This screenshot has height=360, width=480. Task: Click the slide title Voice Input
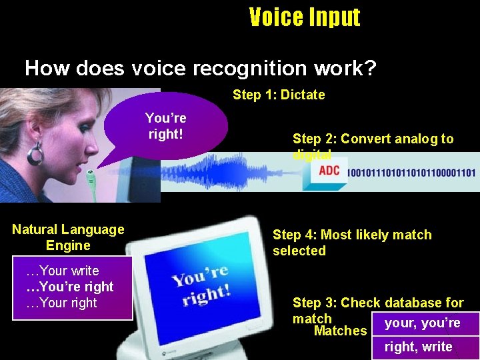click(305, 17)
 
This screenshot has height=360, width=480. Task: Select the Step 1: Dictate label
click(279, 95)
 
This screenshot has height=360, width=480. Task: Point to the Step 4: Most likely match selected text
click(351, 243)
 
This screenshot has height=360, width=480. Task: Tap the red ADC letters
click(329, 171)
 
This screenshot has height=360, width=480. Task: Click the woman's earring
click(35, 155)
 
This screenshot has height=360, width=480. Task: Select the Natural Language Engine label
click(68, 237)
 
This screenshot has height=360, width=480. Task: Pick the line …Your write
click(62, 271)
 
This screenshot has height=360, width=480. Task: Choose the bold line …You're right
click(69, 287)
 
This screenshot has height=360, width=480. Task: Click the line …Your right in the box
click(61, 303)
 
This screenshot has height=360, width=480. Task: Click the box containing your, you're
click(425, 323)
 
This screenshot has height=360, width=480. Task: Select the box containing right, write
click(425, 347)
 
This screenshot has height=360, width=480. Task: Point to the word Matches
click(340, 331)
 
